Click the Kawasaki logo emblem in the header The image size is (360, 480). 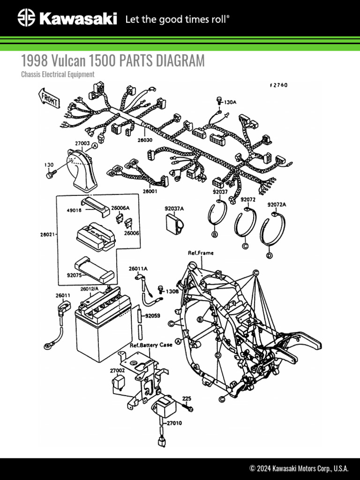pyautogui.click(x=27, y=18)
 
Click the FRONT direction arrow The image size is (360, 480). pyautogui.click(x=47, y=99)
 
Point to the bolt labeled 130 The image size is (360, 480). pyautogui.click(x=49, y=174)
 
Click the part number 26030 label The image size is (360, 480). pyautogui.click(x=145, y=140)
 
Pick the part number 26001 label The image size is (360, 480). pyautogui.click(x=150, y=191)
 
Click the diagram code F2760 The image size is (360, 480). pyautogui.click(x=278, y=85)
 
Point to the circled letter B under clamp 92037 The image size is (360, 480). pyautogui.click(x=214, y=234)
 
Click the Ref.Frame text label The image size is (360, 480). pyautogui.click(x=201, y=253)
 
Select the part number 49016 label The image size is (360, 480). pyautogui.click(x=73, y=211)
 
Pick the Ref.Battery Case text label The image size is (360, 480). pyautogui.click(x=151, y=345)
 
